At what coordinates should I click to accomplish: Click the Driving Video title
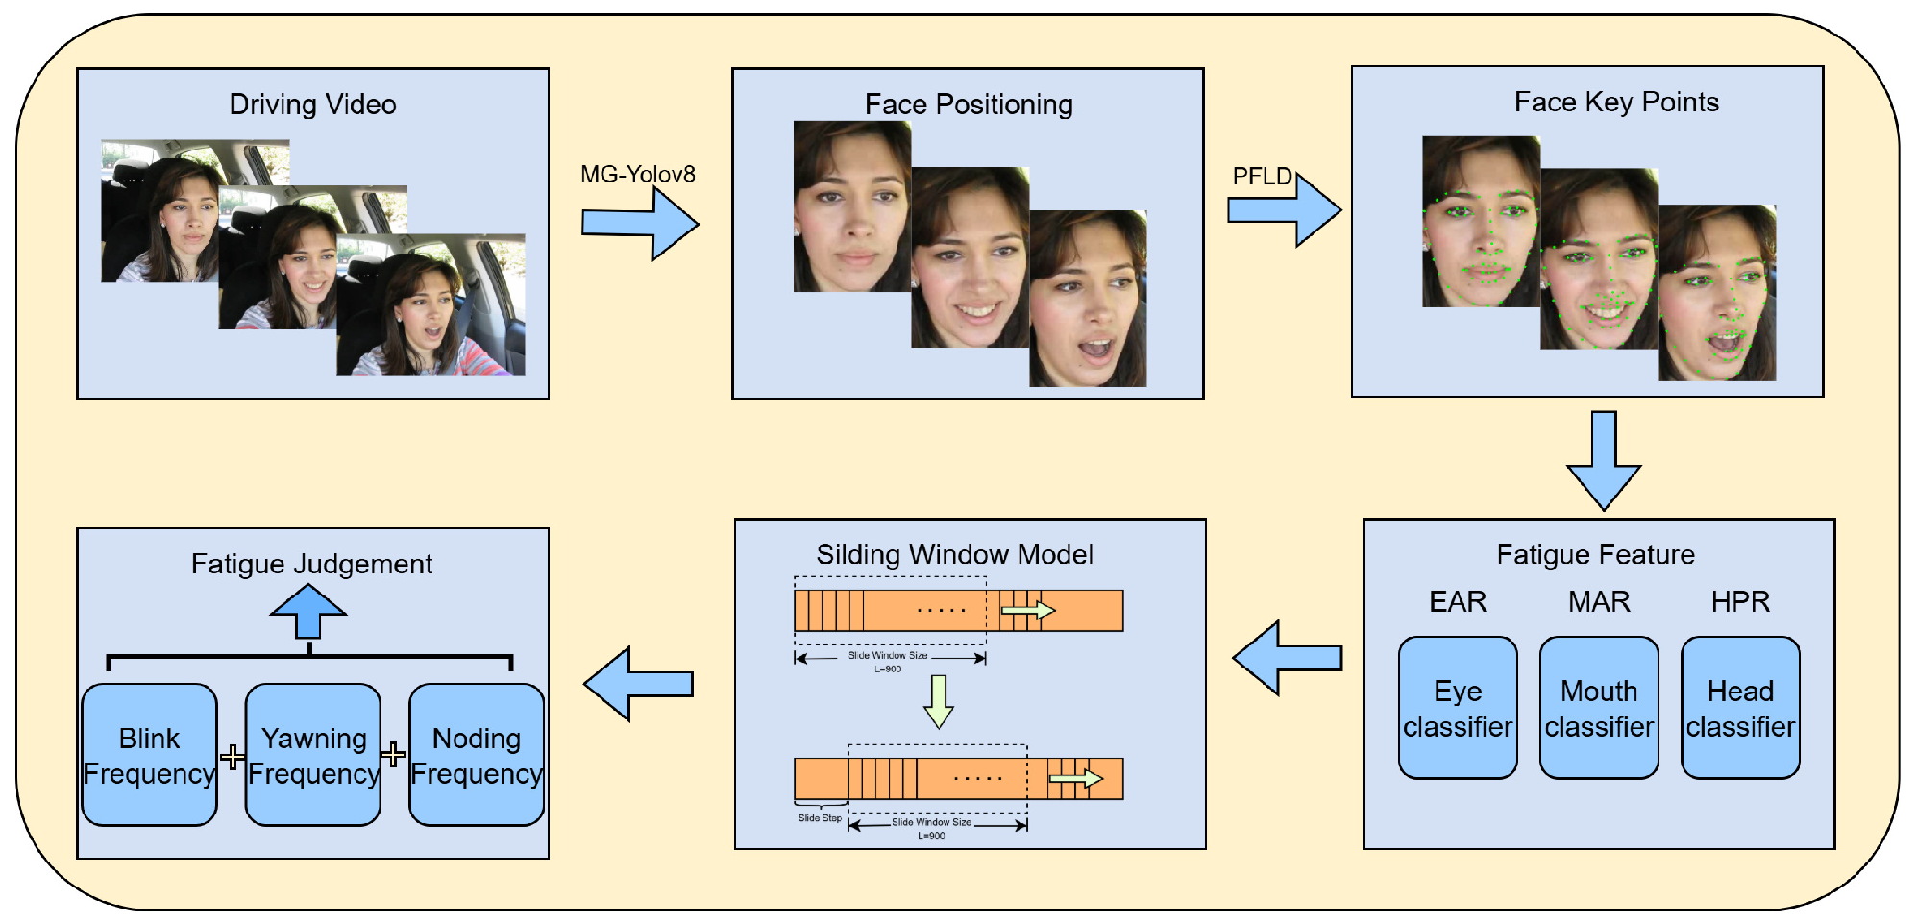click(312, 104)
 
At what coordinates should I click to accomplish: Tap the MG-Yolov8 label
click(637, 174)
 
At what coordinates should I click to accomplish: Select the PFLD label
click(1262, 176)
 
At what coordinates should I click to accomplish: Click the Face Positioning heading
click(969, 104)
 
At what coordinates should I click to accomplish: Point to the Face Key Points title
click(1616, 102)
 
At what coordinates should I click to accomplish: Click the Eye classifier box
click(1458, 708)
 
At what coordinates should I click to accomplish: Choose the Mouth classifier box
click(1599, 708)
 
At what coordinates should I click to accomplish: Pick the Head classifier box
click(1740, 708)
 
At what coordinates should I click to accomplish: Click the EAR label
click(1458, 601)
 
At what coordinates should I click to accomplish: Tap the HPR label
click(1740, 601)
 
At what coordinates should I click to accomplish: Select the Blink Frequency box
click(149, 755)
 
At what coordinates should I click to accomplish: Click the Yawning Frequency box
click(313, 755)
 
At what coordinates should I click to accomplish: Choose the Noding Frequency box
click(477, 755)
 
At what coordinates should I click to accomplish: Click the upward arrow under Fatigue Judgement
click(308, 612)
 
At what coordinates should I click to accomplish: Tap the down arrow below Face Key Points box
click(1604, 460)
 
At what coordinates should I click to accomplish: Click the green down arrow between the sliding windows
click(939, 701)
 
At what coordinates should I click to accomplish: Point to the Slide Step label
click(820, 818)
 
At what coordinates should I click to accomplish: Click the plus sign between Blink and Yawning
click(232, 757)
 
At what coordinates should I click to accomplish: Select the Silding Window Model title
click(954, 554)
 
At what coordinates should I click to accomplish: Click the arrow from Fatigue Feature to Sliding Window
click(1287, 658)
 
